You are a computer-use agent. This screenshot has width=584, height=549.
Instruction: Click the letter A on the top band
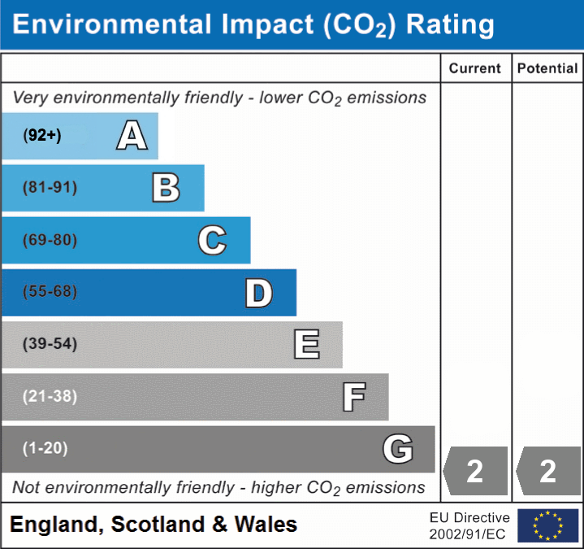[x=132, y=136]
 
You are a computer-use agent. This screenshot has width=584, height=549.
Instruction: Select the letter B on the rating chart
[x=166, y=188]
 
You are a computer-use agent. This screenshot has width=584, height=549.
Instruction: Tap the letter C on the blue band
[x=212, y=240]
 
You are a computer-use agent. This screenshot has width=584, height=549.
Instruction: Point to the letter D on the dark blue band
[x=258, y=293]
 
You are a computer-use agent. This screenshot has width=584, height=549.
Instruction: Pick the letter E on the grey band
[x=306, y=345]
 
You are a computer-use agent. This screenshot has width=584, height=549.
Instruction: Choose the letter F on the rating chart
[x=353, y=398]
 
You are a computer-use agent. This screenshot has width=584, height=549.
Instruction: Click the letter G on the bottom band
[x=398, y=449]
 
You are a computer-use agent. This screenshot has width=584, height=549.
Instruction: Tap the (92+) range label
[x=43, y=136]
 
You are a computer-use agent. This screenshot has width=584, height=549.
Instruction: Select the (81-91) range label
[x=50, y=188]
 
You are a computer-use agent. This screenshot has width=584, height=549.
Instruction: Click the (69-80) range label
[x=50, y=240]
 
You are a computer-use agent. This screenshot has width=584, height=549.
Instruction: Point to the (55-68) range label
[x=50, y=292]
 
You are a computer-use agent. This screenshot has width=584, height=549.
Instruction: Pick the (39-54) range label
[x=50, y=344]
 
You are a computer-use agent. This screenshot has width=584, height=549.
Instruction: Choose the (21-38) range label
[x=50, y=396]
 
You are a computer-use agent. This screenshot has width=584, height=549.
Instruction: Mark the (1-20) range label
[x=45, y=448]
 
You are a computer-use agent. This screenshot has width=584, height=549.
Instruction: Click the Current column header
[x=475, y=69]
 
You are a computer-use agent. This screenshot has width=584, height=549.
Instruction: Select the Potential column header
[x=547, y=69]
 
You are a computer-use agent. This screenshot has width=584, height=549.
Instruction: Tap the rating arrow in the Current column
[x=475, y=471]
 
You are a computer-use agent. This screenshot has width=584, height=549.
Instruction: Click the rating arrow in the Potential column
[x=548, y=471]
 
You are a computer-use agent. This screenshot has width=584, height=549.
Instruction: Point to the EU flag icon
[x=547, y=525]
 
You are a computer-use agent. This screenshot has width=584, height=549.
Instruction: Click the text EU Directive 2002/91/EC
[x=469, y=525]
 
